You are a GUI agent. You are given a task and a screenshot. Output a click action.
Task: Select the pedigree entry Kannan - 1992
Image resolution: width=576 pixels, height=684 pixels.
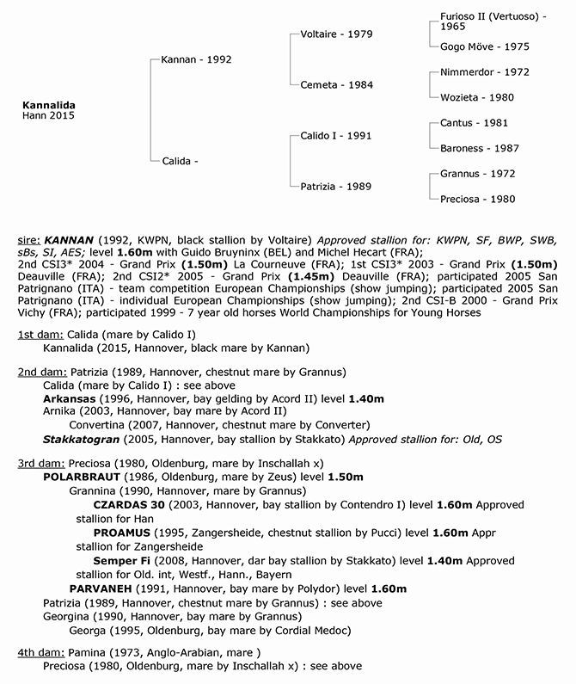tap(196, 59)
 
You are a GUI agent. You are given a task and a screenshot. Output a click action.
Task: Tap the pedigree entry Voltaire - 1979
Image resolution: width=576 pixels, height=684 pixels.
tap(336, 34)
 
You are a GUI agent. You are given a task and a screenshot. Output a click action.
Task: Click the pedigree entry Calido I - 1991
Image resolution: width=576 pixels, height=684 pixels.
tap(336, 136)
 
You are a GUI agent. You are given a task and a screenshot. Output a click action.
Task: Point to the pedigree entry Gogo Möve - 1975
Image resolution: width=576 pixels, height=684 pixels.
tap(484, 46)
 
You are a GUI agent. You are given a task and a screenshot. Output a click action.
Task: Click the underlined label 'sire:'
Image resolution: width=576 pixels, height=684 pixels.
tap(28, 237)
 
